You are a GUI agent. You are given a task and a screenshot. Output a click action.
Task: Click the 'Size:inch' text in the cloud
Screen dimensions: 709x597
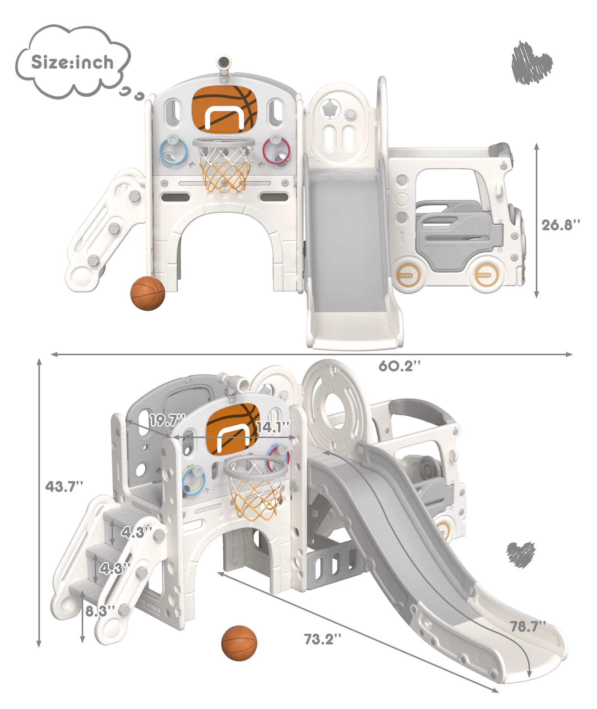click(72, 62)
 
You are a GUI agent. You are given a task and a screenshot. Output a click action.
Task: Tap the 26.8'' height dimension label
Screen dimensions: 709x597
click(561, 225)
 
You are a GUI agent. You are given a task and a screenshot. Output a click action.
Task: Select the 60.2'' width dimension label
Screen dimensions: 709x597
click(399, 366)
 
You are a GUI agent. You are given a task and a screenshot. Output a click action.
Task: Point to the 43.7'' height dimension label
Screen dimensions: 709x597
click(64, 486)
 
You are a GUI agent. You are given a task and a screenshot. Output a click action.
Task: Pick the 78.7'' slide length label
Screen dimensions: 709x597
click(528, 626)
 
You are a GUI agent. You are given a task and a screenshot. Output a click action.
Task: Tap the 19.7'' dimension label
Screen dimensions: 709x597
click(167, 421)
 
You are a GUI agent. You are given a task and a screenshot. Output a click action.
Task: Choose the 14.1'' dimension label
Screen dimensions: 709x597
click(273, 427)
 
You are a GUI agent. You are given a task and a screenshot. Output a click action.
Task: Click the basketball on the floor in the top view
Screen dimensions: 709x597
click(147, 293)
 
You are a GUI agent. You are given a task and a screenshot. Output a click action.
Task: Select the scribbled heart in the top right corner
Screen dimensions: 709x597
click(531, 63)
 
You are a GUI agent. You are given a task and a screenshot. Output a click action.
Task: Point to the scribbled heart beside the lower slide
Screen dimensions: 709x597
click(520, 554)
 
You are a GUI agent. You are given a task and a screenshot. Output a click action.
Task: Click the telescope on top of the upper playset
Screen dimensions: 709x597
click(224, 66)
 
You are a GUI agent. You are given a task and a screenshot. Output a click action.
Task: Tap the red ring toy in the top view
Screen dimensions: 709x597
click(276, 151)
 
